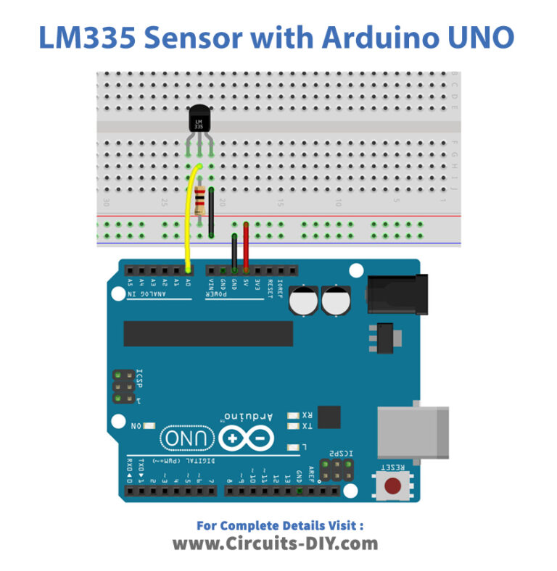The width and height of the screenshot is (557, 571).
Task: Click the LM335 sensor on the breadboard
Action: pos(199,119)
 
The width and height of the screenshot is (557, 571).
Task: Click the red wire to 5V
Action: pos(246,246)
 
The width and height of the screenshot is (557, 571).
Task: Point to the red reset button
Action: pos(392,485)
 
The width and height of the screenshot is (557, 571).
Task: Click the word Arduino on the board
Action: pos(248,417)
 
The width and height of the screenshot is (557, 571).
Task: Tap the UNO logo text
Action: pos(188,438)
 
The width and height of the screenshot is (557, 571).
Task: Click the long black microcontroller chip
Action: pos(208,333)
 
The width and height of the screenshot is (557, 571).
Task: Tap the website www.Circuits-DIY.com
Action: pos(275,543)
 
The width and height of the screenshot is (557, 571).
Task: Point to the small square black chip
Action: pos(329,417)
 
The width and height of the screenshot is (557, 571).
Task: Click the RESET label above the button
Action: pos(392,469)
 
